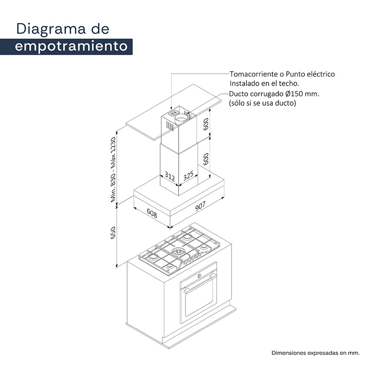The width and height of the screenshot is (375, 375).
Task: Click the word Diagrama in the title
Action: [51, 30]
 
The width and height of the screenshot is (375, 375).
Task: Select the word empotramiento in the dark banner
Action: [71, 46]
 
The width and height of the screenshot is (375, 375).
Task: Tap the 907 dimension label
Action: [200, 206]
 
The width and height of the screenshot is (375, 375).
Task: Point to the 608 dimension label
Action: [152, 213]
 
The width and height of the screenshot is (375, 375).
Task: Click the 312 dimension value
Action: [170, 176]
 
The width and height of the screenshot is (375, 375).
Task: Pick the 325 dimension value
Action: [188, 176]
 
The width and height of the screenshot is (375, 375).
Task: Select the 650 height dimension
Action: [113, 232]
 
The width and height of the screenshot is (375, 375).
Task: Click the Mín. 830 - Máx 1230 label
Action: [113, 170]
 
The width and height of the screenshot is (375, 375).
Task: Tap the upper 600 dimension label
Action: [206, 124]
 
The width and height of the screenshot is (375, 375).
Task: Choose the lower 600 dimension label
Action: [206, 159]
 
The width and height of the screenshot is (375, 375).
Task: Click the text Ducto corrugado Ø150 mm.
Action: [274, 94]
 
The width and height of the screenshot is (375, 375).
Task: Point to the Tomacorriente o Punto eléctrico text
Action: [282, 74]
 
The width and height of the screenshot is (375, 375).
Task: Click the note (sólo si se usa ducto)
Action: [262, 103]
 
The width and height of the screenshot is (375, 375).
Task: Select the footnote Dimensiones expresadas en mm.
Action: [315, 353]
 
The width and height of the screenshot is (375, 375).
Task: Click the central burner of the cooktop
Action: [178, 251]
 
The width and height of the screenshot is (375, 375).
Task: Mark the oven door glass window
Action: [199, 299]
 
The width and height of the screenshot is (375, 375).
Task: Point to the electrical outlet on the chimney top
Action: [174, 112]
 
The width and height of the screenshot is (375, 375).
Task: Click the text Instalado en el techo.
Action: [264, 84]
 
